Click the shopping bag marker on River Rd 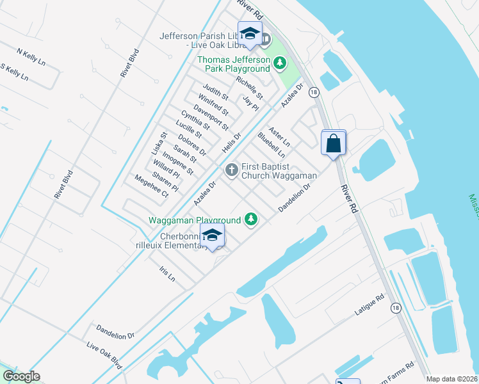click(334, 143)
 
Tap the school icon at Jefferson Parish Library click(250, 35)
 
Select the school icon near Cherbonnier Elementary click(213, 236)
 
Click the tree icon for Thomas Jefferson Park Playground click(279, 63)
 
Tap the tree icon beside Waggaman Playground click(252, 220)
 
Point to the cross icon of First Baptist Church click(231, 170)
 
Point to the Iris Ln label click(166, 274)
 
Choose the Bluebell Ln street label click(271, 145)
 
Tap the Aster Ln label click(279, 135)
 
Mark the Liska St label click(163, 145)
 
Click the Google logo click(21, 376)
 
